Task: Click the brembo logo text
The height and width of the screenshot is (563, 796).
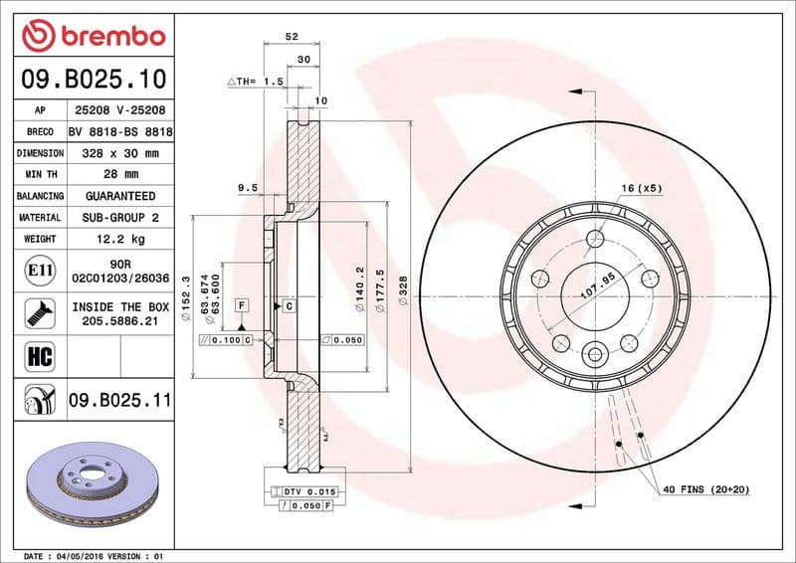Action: [108, 37]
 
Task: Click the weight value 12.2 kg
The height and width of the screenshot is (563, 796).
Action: [119, 239]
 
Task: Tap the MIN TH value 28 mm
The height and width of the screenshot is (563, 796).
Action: [119, 175]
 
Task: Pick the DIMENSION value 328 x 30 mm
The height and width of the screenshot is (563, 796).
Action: [119, 154]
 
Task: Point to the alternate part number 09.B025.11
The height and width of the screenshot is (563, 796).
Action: [119, 401]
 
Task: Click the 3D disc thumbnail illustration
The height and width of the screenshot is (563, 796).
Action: [92, 476]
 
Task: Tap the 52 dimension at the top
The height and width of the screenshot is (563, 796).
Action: [292, 36]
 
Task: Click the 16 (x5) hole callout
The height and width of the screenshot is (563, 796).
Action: [642, 188]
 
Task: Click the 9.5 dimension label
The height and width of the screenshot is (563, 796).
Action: [248, 187]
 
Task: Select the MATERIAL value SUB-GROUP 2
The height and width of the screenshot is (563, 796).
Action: [119, 217]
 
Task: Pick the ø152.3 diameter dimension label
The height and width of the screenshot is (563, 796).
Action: [186, 301]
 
